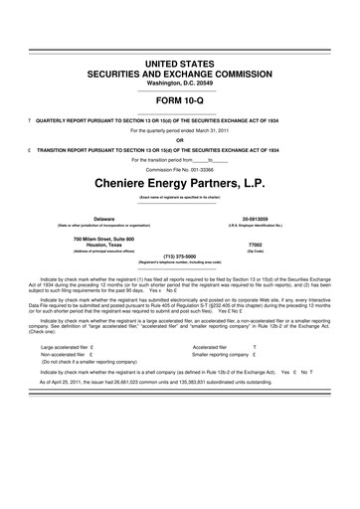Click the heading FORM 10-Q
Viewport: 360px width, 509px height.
click(180, 101)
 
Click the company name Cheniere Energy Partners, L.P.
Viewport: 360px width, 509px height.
click(180, 186)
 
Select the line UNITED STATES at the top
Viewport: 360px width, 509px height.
click(180, 63)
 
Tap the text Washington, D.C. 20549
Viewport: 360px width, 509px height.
click(180, 83)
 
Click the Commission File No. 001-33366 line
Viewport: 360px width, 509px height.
click(180, 167)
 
